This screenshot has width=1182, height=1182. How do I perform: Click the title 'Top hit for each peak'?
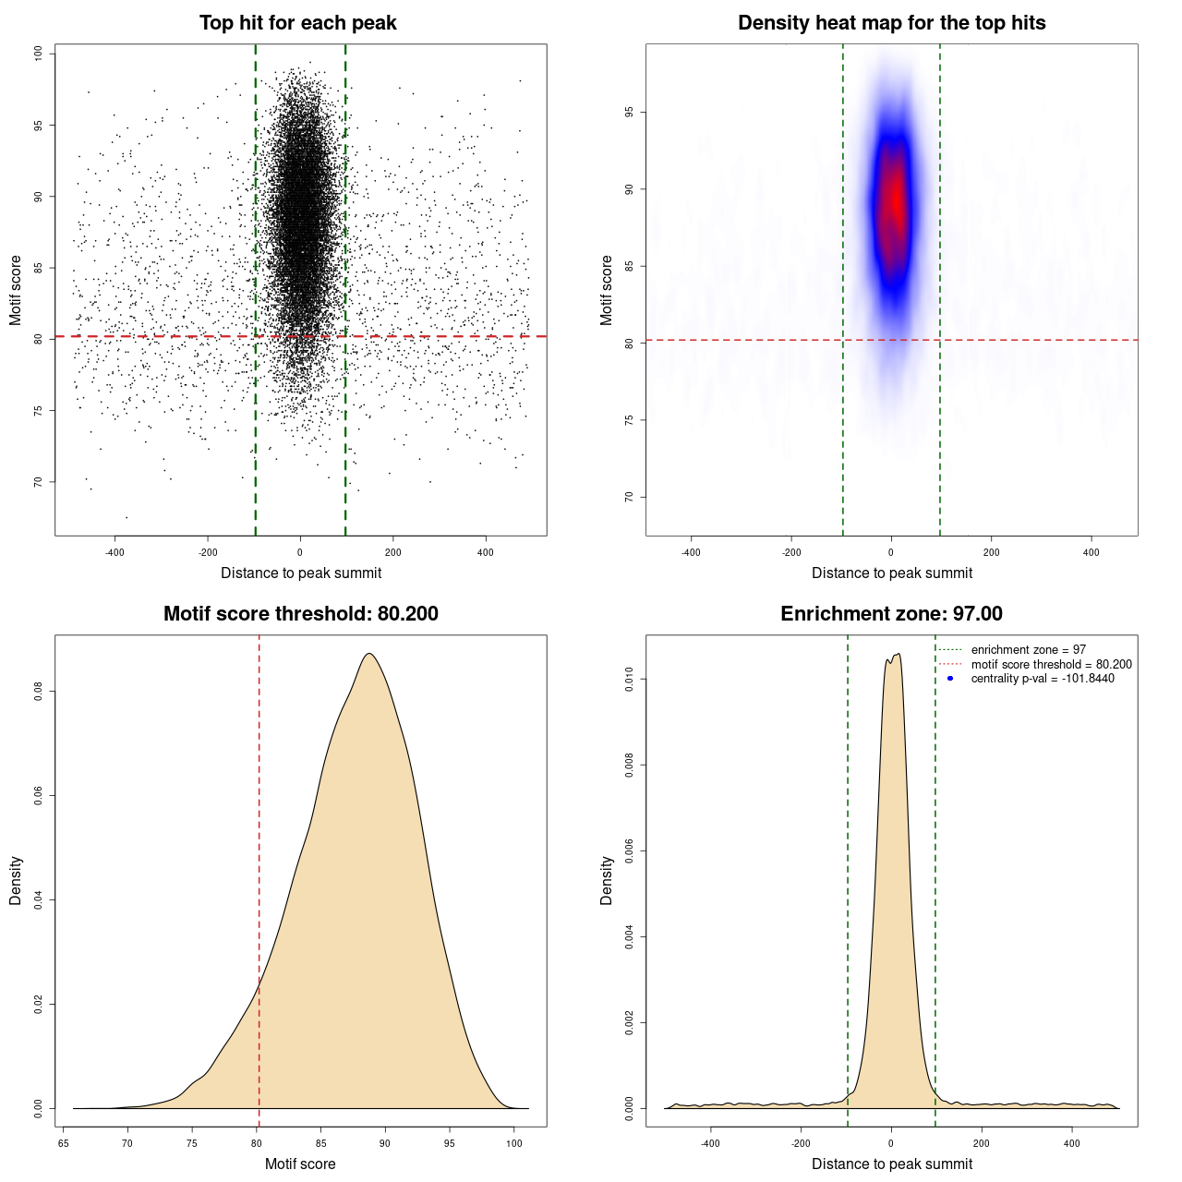click(298, 23)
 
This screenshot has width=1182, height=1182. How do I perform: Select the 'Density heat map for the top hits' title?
click(891, 23)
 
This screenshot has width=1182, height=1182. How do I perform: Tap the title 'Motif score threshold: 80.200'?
click(300, 614)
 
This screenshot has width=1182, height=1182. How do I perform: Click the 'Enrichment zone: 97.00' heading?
click(891, 614)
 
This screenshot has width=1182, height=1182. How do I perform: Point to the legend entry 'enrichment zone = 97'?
click(1028, 650)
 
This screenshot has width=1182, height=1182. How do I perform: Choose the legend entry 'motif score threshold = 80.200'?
click(1051, 664)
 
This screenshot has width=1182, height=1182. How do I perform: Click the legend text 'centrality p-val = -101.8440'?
click(1043, 679)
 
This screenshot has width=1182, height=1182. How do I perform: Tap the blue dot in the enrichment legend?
click(950, 679)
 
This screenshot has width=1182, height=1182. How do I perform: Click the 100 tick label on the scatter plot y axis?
click(39, 54)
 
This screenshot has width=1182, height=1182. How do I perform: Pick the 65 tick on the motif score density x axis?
click(63, 1143)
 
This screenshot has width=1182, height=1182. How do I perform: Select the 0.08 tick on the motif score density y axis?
click(39, 691)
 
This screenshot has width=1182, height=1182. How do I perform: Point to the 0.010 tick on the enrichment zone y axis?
click(630, 680)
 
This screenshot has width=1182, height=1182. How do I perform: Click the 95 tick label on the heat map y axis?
click(630, 113)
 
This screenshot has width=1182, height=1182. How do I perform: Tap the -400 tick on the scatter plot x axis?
click(115, 552)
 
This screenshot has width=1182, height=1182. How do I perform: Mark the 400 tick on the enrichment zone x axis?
click(1071, 1143)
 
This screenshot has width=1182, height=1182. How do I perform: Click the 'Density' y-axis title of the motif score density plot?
click(16, 880)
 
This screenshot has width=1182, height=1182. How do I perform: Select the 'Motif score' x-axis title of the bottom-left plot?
click(300, 1164)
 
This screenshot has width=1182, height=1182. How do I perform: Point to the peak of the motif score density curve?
click(369, 654)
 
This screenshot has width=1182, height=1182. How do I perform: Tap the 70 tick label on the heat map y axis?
click(630, 497)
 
